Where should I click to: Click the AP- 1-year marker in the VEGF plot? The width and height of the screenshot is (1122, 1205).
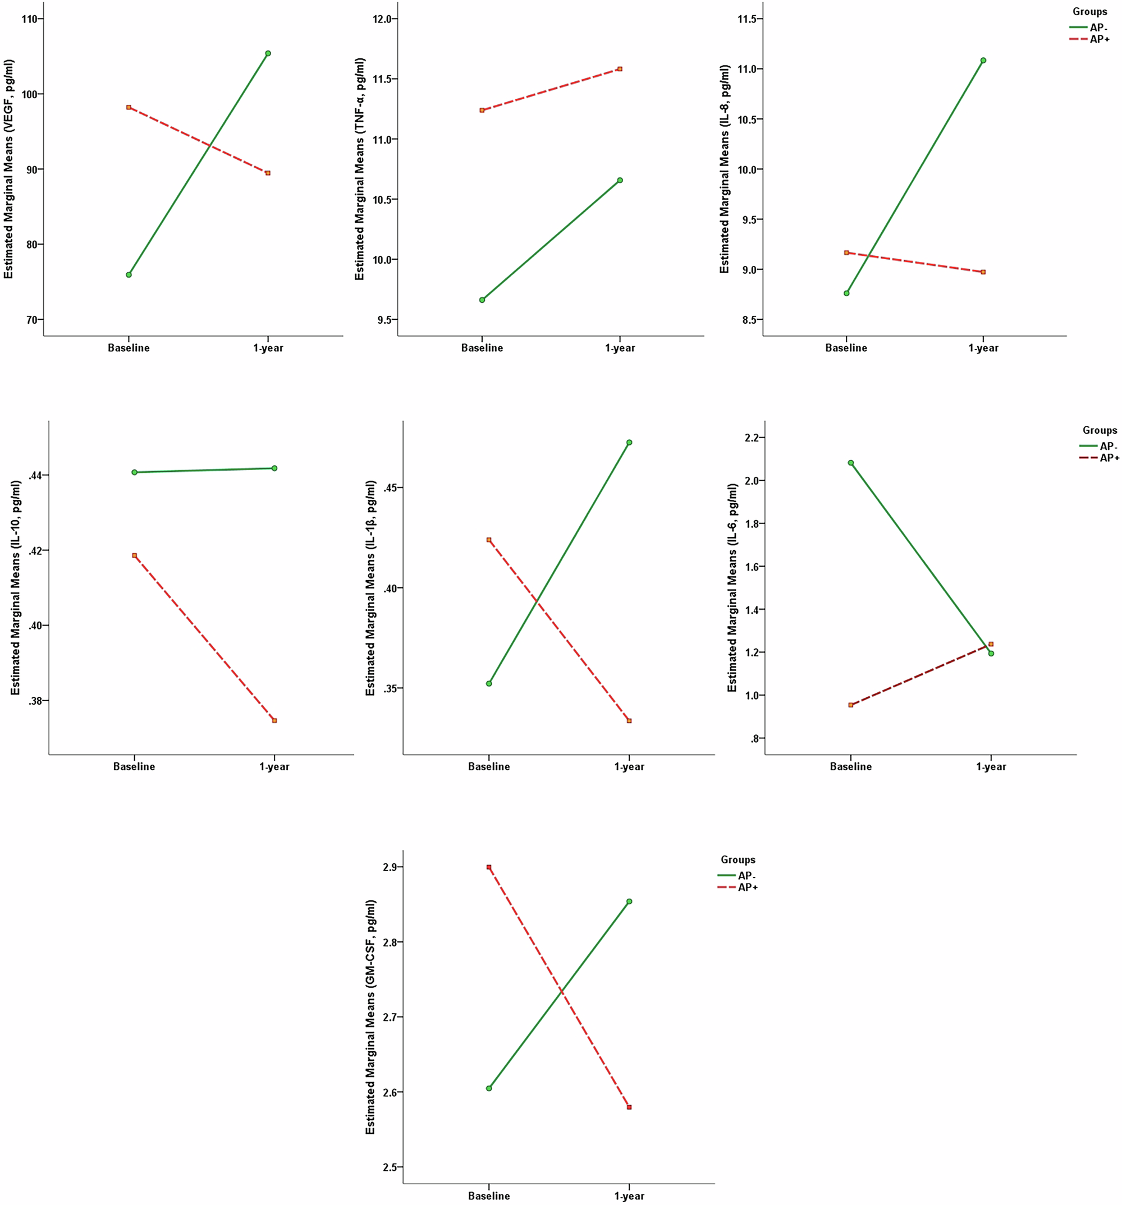[268, 53]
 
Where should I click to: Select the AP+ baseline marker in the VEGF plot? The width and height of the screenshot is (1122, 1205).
[129, 107]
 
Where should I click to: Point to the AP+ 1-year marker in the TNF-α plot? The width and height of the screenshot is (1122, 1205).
[620, 69]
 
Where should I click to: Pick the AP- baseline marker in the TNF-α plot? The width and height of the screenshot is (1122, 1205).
[482, 300]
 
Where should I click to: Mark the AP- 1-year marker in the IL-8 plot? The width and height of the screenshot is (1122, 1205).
[983, 61]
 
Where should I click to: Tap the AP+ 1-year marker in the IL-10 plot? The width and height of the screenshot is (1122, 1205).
[274, 721]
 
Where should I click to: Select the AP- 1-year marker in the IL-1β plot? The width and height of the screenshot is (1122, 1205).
[630, 443]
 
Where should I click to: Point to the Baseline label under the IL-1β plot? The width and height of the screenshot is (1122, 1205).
[489, 767]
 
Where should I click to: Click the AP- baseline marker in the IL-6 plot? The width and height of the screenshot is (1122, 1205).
[851, 463]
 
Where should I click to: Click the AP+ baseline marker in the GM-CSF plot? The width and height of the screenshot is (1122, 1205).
[489, 867]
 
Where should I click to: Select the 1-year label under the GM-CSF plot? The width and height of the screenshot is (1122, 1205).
[630, 1196]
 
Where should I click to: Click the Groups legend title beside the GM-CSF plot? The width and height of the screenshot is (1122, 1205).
[738, 859]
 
